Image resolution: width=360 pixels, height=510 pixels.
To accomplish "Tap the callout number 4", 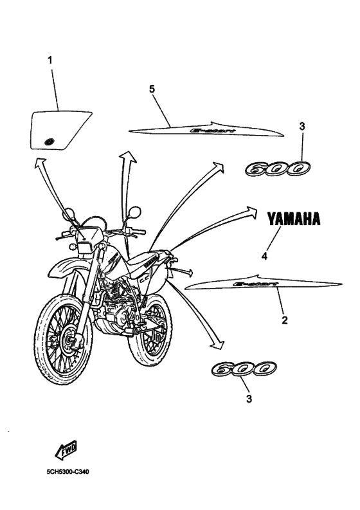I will point(264,255).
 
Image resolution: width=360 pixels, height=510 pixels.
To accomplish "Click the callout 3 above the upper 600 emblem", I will point(301,127).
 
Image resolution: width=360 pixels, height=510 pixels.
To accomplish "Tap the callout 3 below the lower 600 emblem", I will point(249,399).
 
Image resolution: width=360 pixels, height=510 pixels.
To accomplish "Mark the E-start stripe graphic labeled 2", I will point(264,282).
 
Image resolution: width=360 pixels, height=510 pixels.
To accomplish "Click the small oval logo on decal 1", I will point(48,140).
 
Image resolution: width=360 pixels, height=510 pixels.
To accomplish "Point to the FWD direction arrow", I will point(66,448).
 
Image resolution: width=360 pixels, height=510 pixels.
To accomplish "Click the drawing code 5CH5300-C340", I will point(67,471).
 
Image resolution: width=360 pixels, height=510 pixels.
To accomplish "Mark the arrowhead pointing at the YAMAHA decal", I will point(251,213).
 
